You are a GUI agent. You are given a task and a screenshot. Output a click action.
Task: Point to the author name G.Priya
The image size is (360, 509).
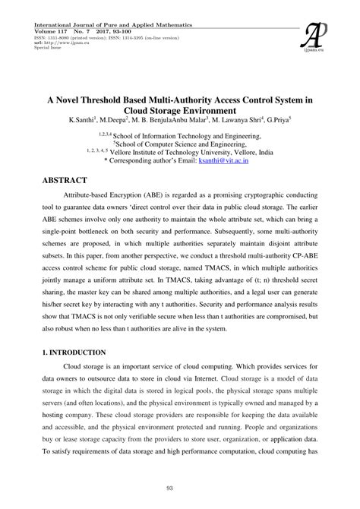coord(274,120)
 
